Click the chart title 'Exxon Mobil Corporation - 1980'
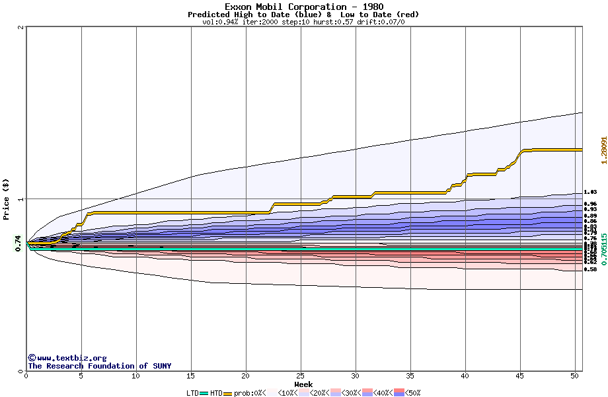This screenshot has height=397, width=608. (x=303, y=7)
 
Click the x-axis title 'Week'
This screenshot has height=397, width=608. (x=303, y=384)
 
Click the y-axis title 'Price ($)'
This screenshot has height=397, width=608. (x=6, y=198)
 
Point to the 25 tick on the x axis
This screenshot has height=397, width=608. (x=301, y=376)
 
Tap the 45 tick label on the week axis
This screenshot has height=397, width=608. (x=520, y=376)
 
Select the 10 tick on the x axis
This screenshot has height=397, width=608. (x=136, y=376)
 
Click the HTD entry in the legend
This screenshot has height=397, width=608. (x=216, y=393)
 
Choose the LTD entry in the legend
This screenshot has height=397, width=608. (x=192, y=393)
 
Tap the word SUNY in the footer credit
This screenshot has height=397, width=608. (x=161, y=366)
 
